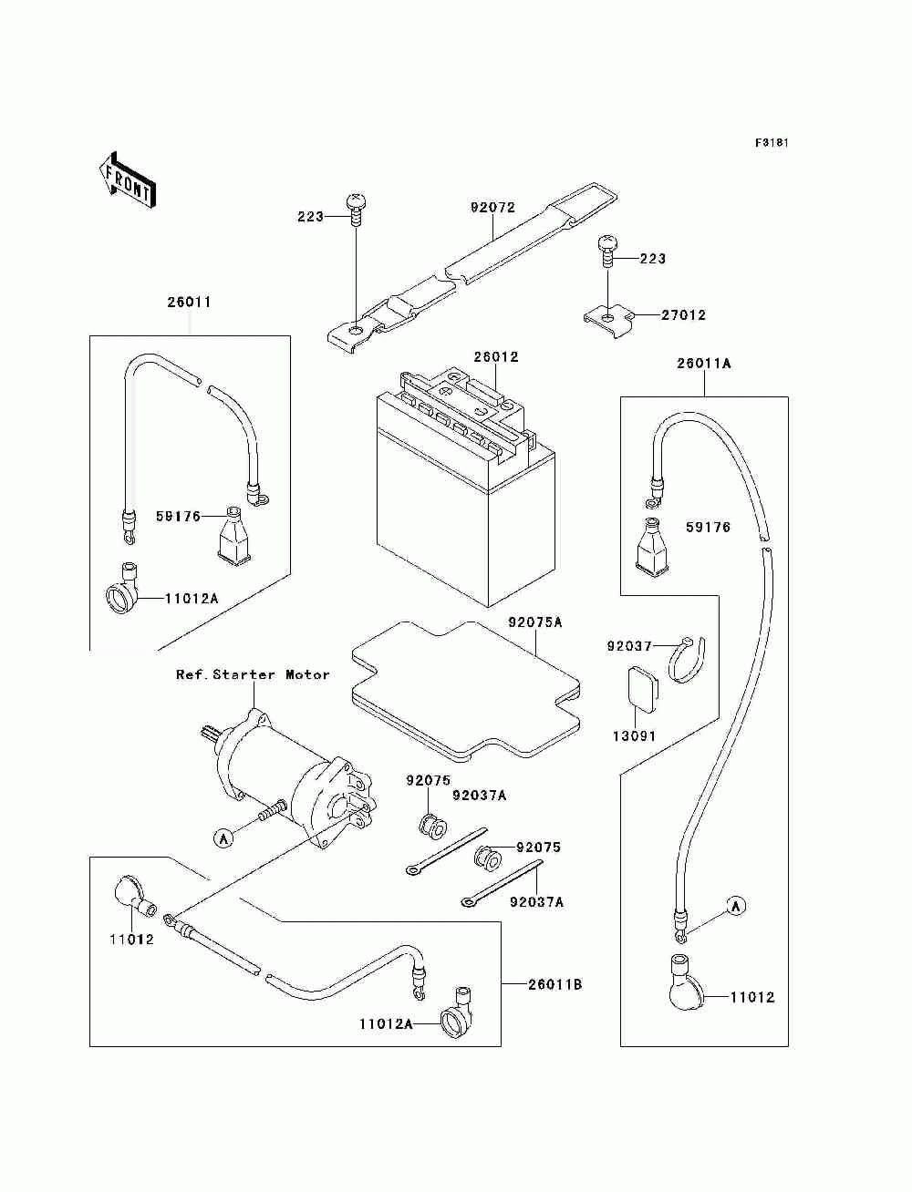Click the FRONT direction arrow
pyautogui.click(x=128, y=180)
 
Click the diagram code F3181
pyautogui.click(x=772, y=143)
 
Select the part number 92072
pyautogui.click(x=492, y=208)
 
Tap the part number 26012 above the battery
pyautogui.click(x=496, y=357)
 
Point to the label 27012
pyautogui.click(x=683, y=315)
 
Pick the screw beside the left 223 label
pyautogui.click(x=356, y=211)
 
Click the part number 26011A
pyautogui.click(x=704, y=364)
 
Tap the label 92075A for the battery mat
pyautogui.click(x=535, y=622)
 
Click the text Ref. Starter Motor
pyautogui.click(x=253, y=674)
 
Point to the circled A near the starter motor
pyautogui.click(x=223, y=838)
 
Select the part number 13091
pyautogui.click(x=634, y=735)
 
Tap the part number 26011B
pyautogui.click(x=554, y=984)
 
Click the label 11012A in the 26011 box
pyautogui.click(x=192, y=599)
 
